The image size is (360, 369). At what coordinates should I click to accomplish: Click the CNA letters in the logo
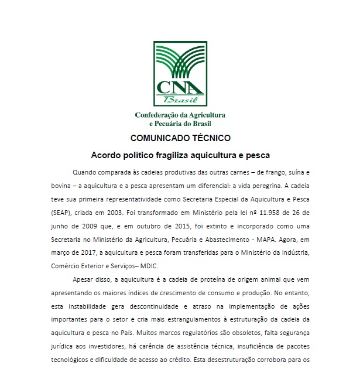(180, 87)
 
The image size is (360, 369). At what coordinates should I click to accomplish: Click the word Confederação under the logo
(158, 115)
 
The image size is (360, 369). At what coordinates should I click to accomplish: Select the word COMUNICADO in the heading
(155, 139)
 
